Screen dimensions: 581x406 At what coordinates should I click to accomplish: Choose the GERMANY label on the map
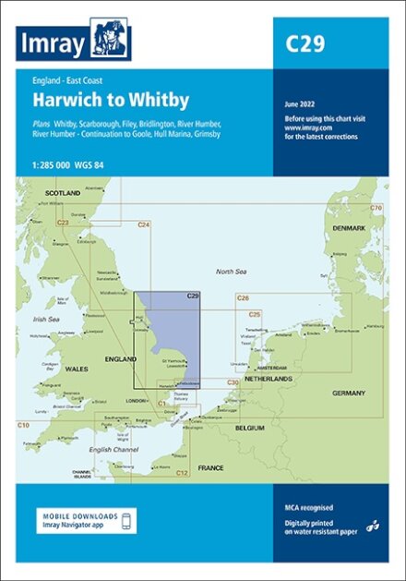click(x=349, y=393)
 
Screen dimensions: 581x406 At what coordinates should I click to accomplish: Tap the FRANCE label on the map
click(x=210, y=468)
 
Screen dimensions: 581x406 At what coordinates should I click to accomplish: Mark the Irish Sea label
click(x=44, y=320)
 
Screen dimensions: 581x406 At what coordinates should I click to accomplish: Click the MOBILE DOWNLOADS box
click(x=88, y=520)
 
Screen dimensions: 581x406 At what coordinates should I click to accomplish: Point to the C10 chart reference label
click(x=23, y=423)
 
